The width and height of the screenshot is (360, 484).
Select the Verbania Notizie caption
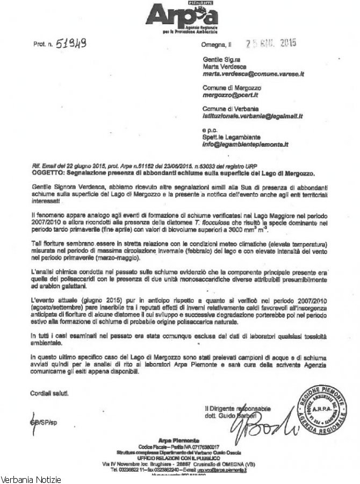coord(31,478)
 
